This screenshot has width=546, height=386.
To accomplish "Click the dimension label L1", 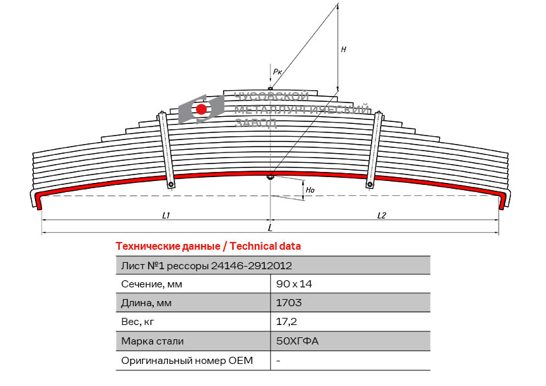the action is (166, 215).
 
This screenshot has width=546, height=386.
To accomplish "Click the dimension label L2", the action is (382, 215).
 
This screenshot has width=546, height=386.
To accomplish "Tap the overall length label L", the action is (270, 228).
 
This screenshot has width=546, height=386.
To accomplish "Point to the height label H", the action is (343, 49).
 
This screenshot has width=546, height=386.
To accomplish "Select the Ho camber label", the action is (310, 190).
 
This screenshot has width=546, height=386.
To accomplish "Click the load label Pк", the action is (277, 72).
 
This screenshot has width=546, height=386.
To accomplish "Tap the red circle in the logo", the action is (201, 109).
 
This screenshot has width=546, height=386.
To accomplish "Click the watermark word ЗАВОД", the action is (255, 123).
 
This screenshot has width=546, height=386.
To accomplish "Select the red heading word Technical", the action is (248, 247).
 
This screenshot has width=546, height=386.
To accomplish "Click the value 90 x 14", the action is (294, 284).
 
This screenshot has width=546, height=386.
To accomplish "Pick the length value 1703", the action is (289, 302).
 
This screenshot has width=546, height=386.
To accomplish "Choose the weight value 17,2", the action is (286, 322).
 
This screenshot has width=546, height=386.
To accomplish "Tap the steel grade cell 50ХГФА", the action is (298, 341).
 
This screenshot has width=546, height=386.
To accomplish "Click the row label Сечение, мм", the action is (152, 284).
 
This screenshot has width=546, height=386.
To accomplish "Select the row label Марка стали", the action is (152, 341).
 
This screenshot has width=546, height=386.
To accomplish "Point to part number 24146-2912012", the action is (252, 266).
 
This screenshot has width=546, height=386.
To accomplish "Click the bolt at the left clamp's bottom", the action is (171, 184).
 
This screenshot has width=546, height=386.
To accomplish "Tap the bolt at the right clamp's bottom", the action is (370, 184).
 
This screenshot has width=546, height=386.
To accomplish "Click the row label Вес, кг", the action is (137, 322).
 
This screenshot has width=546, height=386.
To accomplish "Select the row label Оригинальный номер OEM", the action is (187, 360).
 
